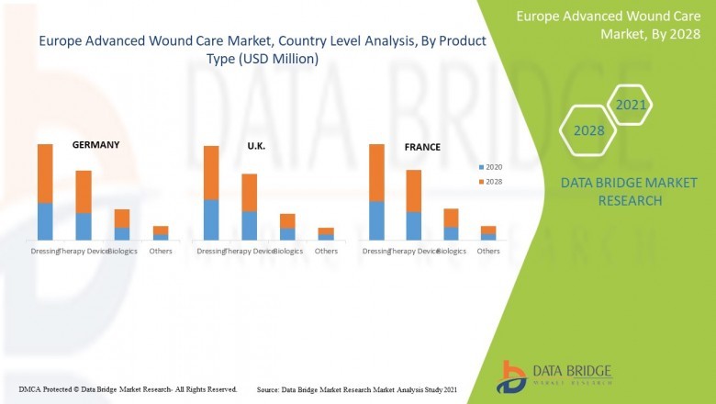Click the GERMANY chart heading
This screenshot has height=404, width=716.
coord(96,145)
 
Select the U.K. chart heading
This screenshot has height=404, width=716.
coord(256,146)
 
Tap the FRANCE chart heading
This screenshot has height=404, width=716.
coord(422,147)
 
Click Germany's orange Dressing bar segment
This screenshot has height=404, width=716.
coord(45,173)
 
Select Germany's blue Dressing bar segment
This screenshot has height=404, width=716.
coord(45,221)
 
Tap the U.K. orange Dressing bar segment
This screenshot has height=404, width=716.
coord(211,173)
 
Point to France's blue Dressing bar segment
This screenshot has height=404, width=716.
coord(375,221)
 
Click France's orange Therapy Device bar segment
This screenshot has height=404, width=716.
coord(413,190)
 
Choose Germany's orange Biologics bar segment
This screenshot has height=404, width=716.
coord(122,219)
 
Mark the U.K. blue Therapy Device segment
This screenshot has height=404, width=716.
coord(249,225)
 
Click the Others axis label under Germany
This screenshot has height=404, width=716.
coord(161,251)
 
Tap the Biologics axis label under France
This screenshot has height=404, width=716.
coord(451,251)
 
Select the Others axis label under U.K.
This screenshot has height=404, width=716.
coord(326,251)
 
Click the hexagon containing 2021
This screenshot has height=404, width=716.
coord(631,106)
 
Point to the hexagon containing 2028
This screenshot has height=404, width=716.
coord(589,130)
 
